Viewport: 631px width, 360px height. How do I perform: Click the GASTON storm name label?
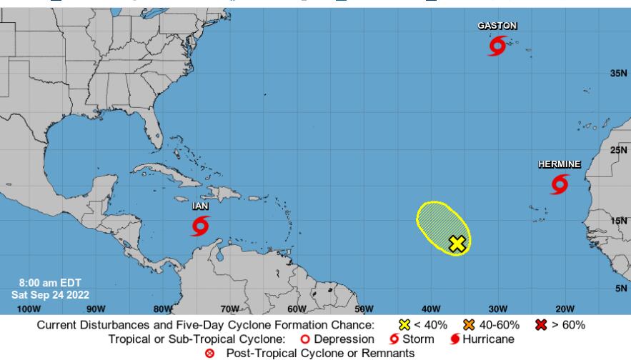tap(497, 26)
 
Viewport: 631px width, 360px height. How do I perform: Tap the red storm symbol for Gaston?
tap(497, 47)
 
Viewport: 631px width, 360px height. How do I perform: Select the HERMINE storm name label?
tap(559, 164)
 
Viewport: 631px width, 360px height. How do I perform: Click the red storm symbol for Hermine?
tap(560, 185)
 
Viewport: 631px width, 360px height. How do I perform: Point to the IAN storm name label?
tap(200, 206)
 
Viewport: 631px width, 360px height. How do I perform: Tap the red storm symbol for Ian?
tap(200, 226)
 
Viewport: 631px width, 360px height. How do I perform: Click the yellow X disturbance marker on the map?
tap(457, 244)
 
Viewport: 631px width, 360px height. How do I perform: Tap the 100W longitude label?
tap(28, 309)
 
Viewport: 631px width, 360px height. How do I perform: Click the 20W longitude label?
tap(564, 309)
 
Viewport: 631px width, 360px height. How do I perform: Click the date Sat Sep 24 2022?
tap(44, 294)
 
